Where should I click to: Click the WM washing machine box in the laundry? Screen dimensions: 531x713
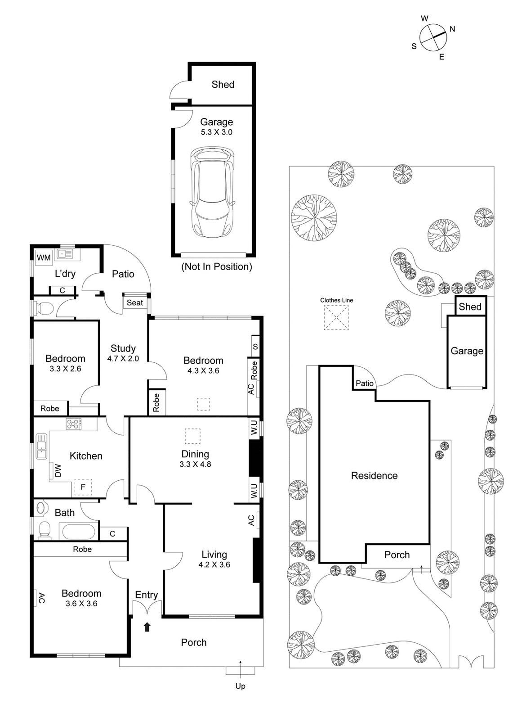click(x=44, y=257)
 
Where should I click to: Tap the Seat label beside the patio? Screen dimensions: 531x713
click(x=134, y=303)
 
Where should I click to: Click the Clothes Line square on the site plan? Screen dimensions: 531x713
click(x=336, y=317)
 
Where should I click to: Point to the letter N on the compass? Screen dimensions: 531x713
click(x=452, y=29)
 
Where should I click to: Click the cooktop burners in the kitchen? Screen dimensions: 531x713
click(x=74, y=424)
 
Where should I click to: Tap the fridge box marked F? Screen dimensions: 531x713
click(x=83, y=487)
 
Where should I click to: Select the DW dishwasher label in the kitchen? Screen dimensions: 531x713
click(x=58, y=470)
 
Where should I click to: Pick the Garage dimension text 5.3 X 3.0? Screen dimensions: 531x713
click(x=216, y=132)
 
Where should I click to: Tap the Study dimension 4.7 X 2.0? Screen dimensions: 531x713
click(x=123, y=359)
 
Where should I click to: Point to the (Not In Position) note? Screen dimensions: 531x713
click(x=216, y=266)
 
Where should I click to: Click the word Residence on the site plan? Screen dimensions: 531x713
click(x=374, y=475)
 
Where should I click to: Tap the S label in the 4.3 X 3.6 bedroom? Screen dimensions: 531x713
click(x=255, y=347)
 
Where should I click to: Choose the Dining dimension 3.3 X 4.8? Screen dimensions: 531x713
click(x=195, y=464)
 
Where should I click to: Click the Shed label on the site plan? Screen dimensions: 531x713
click(x=470, y=307)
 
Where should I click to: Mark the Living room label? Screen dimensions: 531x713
click(x=214, y=555)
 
